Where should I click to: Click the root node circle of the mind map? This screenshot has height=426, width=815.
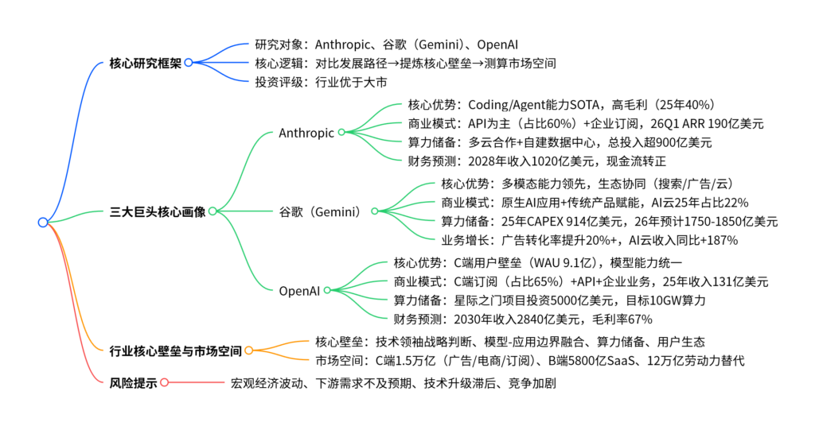click(x=43, y=223)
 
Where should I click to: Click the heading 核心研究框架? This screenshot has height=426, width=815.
click(x=145, y=62)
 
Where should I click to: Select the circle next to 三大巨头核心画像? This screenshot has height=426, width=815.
click(x=213, y=211)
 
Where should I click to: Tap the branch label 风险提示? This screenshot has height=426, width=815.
click(x=132, y=382)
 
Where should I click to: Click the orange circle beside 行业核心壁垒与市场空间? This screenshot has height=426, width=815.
click(x=248, y=350)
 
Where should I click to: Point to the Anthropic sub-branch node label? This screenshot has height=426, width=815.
click(x=306, y=133)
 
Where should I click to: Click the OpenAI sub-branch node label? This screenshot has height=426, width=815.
click(x=299, y=290)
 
